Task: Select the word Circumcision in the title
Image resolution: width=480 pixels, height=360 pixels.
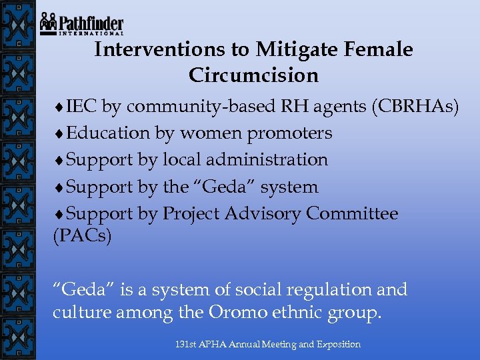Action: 253,75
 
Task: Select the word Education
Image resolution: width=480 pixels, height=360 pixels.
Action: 108,133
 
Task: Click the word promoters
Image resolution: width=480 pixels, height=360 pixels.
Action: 289,133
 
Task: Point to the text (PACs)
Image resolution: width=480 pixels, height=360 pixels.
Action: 82,236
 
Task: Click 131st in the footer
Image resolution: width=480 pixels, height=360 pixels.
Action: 185,345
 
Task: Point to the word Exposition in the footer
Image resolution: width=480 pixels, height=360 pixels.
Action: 338,345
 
